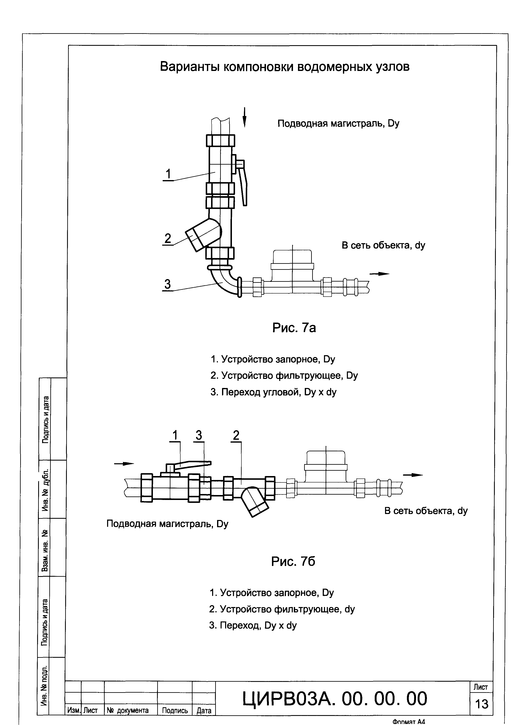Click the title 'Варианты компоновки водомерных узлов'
point(285,67)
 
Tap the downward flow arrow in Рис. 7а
point(244,117)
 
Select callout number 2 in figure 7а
point(168,238)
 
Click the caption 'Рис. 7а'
point(294,328)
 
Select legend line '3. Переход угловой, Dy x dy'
point(273,392)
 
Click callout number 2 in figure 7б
point(236,436)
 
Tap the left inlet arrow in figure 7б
point(124,464)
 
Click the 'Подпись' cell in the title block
point(175,710)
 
